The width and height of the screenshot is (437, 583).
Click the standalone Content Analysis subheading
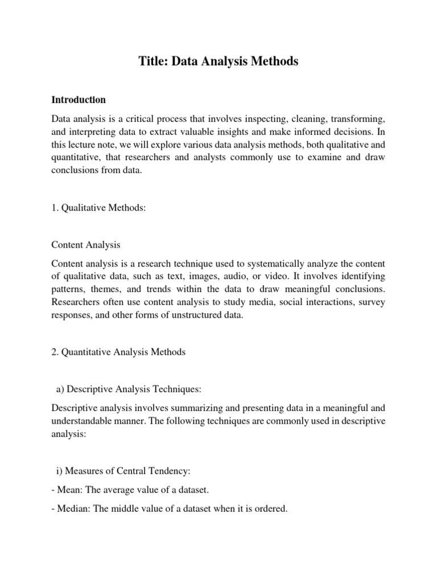86,245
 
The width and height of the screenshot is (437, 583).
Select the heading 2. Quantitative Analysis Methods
118,352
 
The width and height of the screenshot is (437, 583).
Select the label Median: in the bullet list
73,508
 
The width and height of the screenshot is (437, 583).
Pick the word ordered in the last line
272,508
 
